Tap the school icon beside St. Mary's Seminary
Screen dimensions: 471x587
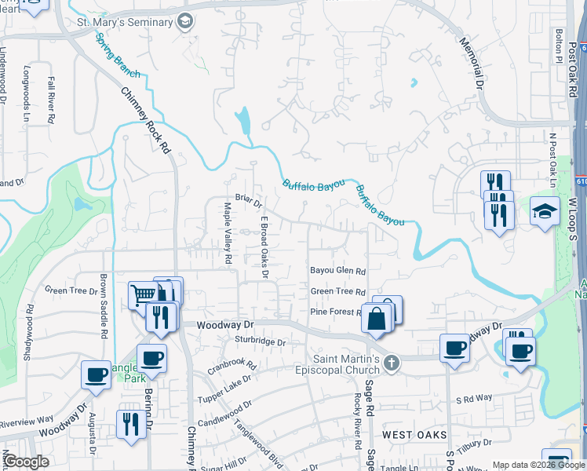(184, 21)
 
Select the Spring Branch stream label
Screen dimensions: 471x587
(117, 56)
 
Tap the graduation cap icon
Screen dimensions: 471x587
(545, 212)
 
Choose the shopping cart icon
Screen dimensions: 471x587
(143, 296)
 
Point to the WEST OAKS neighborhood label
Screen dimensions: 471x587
(414, 434)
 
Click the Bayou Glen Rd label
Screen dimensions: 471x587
(338, 272)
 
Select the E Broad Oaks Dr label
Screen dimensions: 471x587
(264, 247)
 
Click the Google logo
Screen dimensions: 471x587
(25, 462)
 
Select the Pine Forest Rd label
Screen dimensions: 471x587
(336, 312)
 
